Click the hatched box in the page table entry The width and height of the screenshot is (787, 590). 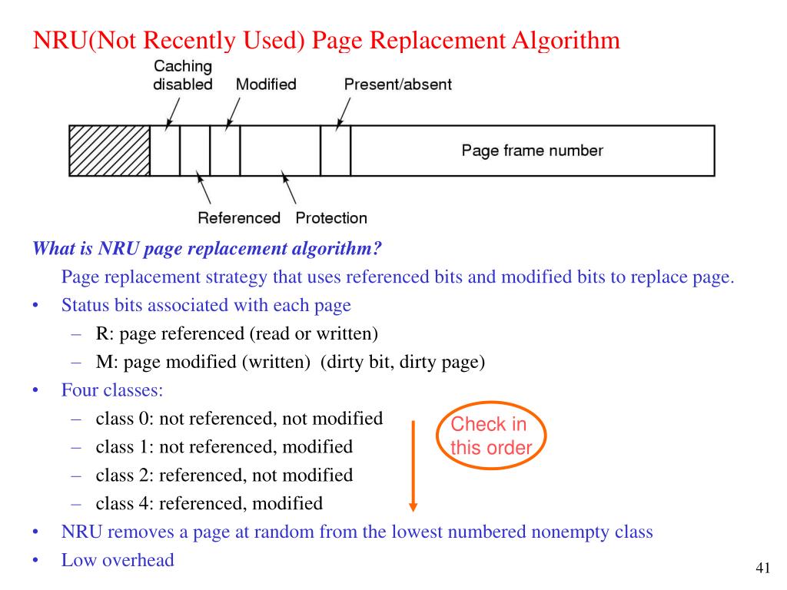tap(109, 151)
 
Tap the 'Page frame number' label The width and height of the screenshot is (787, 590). tap(532, 151)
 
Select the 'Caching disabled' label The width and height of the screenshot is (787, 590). tap(183, 75)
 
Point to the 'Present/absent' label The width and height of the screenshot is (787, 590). tap(397, 85)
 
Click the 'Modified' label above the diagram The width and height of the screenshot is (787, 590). tap(265, 85)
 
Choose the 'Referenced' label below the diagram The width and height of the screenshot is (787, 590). tap(239, 218)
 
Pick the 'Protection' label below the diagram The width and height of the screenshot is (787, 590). tap(331, 218)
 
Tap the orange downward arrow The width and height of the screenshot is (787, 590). tap(413, 465)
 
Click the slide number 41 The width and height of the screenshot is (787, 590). tap(762, 568)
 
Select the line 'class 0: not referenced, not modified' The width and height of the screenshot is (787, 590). tap(239, 419)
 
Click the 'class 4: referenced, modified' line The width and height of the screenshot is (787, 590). tap(209, 504)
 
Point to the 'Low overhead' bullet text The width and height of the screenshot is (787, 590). tap(118, 560)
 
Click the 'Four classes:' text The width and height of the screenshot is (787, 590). tap(112, 390)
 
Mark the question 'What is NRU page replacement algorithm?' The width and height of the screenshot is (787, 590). tap(207, 249)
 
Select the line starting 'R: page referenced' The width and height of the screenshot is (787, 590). tap(237, 334)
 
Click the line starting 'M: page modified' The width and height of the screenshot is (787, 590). tap(290, 363)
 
